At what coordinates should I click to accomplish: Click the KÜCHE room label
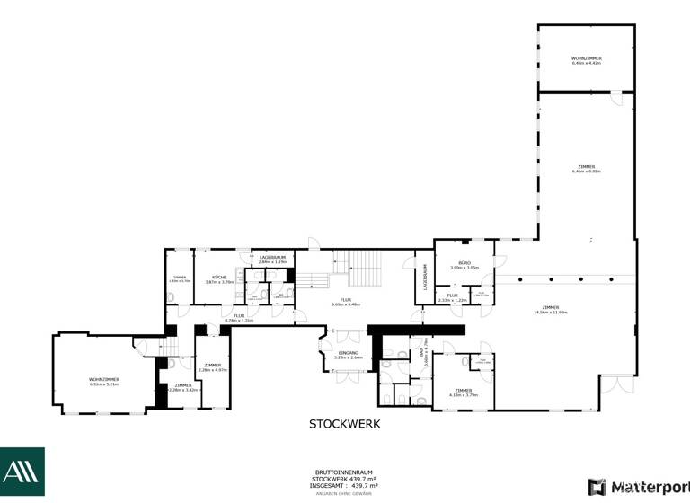click(x=219, y=278)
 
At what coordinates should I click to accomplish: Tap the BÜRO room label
click(x=464, y=262)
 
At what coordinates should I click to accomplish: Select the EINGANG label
click(x=348, y=352)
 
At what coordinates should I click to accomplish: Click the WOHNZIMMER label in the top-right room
click(x=586, y=59)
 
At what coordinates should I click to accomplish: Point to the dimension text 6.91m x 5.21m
click(x=104, y=384)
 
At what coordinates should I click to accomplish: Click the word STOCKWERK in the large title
click(x=345, y=424)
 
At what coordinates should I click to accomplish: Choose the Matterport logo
click(x=638, y=487)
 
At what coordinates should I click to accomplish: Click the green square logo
click(x=22, y=472)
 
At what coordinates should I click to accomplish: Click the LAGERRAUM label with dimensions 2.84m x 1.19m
click(x=272, y=258)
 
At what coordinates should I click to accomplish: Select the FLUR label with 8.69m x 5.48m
click(x=345, y=300)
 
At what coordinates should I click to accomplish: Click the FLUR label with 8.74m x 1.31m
click(x=239, y=315)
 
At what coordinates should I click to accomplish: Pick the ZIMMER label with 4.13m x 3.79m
click(x=464, y=390)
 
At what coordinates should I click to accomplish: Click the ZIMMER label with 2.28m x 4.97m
click(x=213, y=365)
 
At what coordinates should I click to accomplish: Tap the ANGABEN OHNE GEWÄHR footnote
click(x=345, y=492)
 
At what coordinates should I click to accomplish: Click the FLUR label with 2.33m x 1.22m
click(x=453, y=296)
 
